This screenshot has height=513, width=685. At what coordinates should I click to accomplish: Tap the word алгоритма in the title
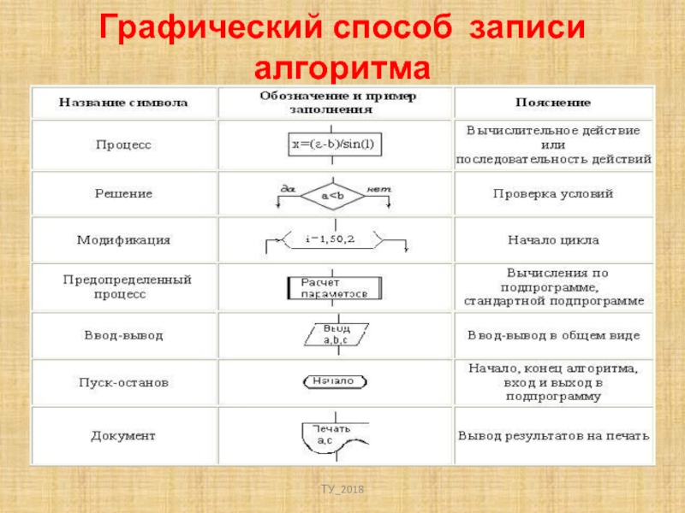[x=342, y=68]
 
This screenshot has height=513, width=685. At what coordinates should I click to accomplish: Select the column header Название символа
[x=123, y=103]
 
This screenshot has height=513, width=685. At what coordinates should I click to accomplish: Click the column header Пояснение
[x=552, y=103]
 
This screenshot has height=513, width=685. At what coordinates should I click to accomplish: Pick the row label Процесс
[x=122, y=145]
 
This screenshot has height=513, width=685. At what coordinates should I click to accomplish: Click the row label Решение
[x=123, y=194]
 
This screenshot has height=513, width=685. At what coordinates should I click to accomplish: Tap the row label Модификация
[x=123, y=240]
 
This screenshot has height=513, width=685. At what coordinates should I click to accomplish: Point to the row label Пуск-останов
[x=123, y=382]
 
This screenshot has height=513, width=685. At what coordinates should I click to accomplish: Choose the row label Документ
[x=123, y=436]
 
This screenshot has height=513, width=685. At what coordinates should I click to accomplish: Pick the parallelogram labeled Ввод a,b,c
[x=335, y=333]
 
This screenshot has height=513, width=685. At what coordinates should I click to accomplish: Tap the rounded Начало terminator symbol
[x=335, y=381]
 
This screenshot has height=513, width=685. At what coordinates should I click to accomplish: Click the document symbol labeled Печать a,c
[x=335, y=436]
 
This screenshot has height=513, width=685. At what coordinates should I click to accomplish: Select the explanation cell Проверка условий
[x=552, y=194]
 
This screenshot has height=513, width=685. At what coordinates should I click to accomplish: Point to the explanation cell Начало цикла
[x=552, y=240]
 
